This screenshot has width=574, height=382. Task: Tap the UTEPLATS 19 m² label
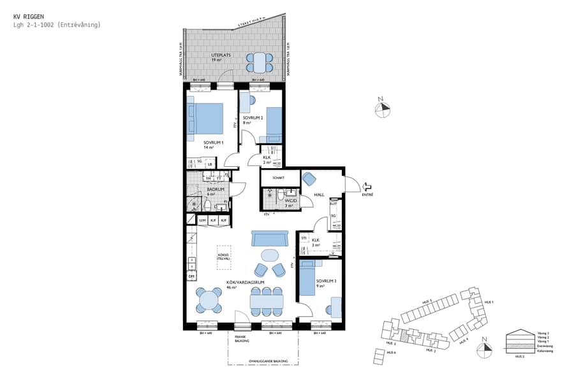(x=220, y=57)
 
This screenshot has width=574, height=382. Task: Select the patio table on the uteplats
(x=260, y=62)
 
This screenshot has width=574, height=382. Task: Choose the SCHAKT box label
(x=277, y=178)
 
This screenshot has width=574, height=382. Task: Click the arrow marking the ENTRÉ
(x=367, y=187)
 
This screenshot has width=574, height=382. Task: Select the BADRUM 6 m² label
(x=216, y=191)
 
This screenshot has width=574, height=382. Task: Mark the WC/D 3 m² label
(x=291, y=202)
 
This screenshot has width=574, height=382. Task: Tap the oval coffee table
(x=270, y=255)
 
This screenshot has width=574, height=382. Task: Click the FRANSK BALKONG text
(x=240, y=339)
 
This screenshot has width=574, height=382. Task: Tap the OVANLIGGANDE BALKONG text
(x=268, y=361)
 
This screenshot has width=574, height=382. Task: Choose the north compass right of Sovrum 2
(x=382, y=106)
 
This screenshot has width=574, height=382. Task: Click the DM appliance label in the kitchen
(x=191, y=276)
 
